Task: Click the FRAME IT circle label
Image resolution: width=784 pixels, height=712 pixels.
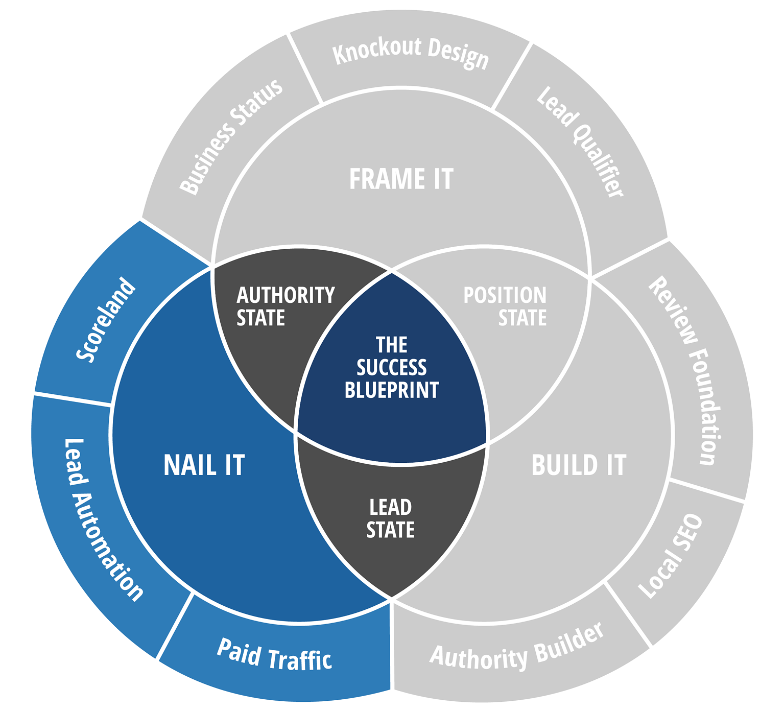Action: [401, 179]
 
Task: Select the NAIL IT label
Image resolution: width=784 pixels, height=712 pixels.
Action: [204, 465]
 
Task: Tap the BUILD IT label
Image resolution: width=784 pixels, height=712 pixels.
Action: [578, 465]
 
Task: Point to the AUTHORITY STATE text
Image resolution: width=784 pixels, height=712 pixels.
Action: [285, 306]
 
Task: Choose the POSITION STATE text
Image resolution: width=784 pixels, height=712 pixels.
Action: [505, 306]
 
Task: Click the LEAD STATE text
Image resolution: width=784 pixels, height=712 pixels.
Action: [390, 518]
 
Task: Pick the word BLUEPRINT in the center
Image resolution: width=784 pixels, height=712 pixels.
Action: [391, 390]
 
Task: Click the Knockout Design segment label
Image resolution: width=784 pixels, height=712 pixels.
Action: [410, 53]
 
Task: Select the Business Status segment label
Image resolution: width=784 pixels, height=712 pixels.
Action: [231, 136]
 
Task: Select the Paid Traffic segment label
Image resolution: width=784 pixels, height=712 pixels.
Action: [274, 654]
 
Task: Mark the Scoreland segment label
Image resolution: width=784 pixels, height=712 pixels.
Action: [106, 320]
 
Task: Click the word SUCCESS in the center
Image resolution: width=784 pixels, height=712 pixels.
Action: [391, 368]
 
